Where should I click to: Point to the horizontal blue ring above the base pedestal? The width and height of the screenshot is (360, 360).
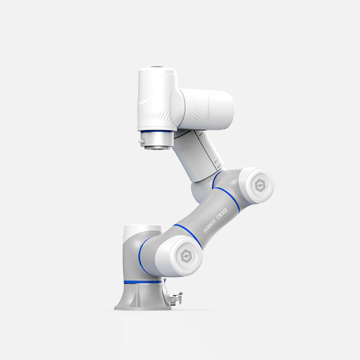[142, 281]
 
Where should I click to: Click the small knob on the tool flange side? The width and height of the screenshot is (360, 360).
[140, 142]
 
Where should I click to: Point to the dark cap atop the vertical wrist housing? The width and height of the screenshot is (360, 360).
[157, 68]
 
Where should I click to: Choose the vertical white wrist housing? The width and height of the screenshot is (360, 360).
[157, 99]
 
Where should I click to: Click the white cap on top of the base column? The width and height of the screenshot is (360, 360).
[142, 231]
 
